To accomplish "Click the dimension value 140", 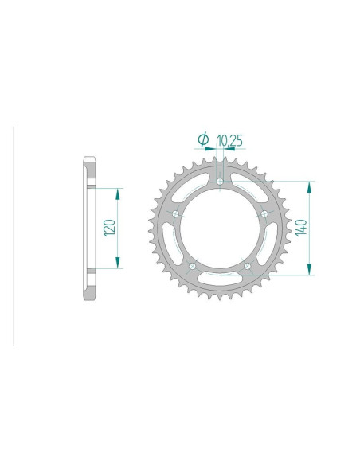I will pos(299,228).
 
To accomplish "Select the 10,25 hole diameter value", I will pos(231,140).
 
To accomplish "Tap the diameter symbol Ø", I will pos(203,140).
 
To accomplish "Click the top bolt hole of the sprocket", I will pos(220,183).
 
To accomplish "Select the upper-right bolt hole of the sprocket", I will pos(264,213).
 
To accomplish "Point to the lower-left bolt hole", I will pos(192,265).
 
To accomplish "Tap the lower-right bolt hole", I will pos(248,265).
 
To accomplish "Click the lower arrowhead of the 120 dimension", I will pos(119,264).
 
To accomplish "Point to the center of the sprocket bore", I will pos(220,229).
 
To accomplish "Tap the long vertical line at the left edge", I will pos(14,236).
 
